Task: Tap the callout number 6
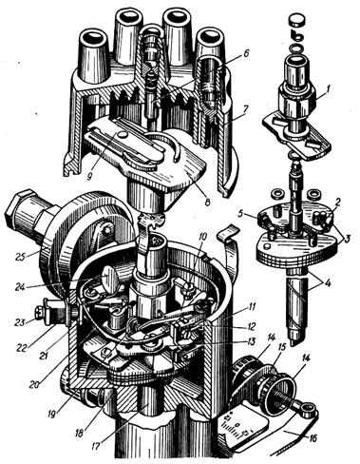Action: [x=244, y=53]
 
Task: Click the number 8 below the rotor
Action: [x=207, y=202]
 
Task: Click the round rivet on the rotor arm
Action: [x=122, y=135]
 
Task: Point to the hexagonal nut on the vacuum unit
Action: [x=19, y=207]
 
